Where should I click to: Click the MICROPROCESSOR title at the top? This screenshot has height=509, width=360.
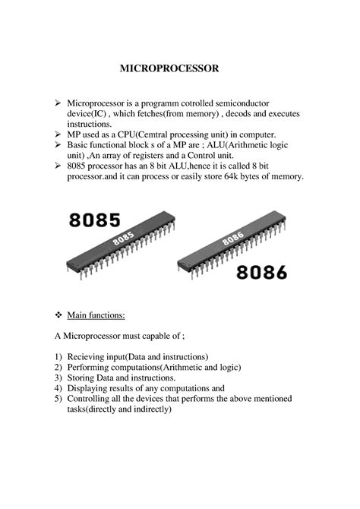coord(179,69)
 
